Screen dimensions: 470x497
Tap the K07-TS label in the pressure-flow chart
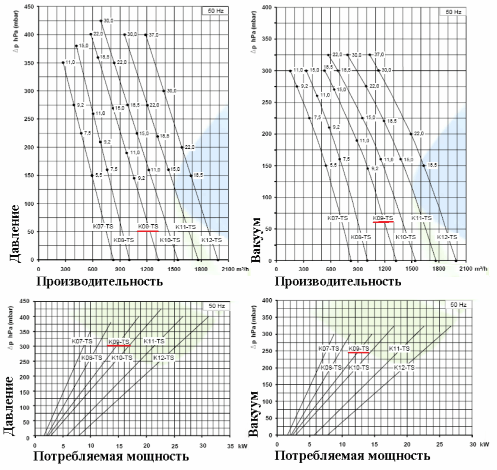[x=103, y=226]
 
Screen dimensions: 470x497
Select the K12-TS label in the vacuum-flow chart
[x=447, y=237]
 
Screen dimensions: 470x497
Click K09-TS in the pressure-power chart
[x=119, y=341]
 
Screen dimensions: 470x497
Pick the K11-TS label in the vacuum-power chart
[x=399, y=348]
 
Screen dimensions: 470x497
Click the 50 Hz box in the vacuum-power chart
[x=458, y=304]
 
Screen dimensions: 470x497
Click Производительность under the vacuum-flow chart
[x=337, y=281]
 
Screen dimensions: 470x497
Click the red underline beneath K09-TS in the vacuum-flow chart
[x=383, y=222]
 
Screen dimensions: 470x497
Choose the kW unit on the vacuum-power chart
[x=484, y=444]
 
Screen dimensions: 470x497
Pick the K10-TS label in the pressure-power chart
[x=122, y=358]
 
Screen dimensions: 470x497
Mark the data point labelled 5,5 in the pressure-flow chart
[x=92, y=175]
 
